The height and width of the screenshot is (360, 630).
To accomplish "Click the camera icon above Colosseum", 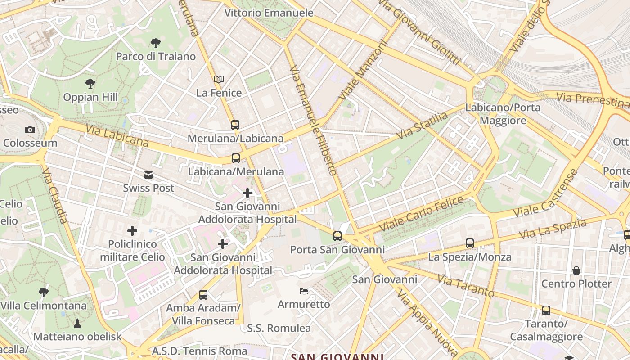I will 30,130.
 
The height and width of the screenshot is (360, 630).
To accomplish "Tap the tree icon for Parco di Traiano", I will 156,43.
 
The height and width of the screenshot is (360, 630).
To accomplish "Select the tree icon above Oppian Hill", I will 90,84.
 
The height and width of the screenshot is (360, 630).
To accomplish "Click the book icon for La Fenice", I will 219,80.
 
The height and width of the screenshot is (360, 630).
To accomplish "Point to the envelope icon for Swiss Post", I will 148,175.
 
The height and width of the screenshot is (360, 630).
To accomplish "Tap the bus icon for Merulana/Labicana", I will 235,125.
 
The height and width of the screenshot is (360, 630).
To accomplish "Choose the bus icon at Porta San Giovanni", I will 337,236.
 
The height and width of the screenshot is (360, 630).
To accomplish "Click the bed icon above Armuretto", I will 304,291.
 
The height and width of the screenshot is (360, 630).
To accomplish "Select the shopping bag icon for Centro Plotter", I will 576,270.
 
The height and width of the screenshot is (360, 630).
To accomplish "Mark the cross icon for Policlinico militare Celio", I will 132,231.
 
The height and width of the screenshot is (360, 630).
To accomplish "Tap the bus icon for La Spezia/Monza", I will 470,243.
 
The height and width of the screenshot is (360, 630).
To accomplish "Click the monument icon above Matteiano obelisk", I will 77,323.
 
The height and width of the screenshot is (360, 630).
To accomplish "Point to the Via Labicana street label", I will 117,136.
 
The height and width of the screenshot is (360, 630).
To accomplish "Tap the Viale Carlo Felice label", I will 421,214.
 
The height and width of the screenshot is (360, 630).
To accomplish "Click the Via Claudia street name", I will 55,196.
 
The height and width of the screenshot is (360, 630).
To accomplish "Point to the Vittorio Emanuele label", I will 269,13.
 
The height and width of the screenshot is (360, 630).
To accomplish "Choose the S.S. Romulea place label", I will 279,328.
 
